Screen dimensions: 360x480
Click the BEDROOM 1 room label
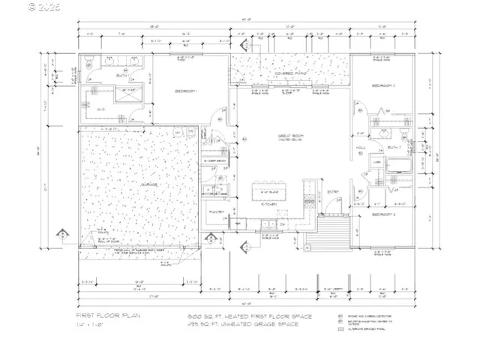click(x=186, y=91)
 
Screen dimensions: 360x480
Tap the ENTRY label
click(x=333, y=192)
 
